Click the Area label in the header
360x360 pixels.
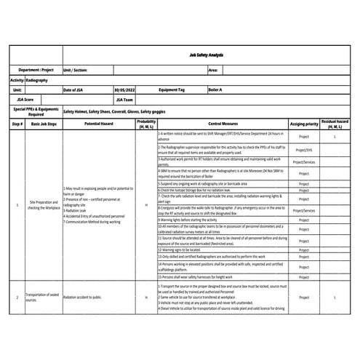coord(212,70)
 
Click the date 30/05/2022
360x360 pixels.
coord(125,89)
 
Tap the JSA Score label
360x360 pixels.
coord(25,100)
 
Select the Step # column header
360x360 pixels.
coord(17,125)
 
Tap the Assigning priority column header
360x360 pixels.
coord(304,125)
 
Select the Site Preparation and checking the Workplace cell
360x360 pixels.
coord(43,204)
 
